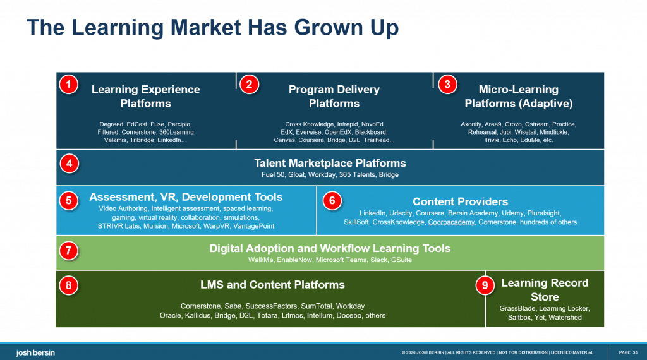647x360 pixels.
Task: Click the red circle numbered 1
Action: click(68, 85)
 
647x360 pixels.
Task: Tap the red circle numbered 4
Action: click(68, 164)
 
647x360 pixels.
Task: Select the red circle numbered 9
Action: click(485, 286)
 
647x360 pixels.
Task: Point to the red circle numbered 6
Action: click(332, 201)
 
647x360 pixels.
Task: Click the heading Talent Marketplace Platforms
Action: click(330, 163)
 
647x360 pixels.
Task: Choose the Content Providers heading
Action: click(460, 201)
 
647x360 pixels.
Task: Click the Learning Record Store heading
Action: click(544, 290)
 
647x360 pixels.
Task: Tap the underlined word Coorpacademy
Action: click(451, 222)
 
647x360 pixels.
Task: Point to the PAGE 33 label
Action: click(627, 352)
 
